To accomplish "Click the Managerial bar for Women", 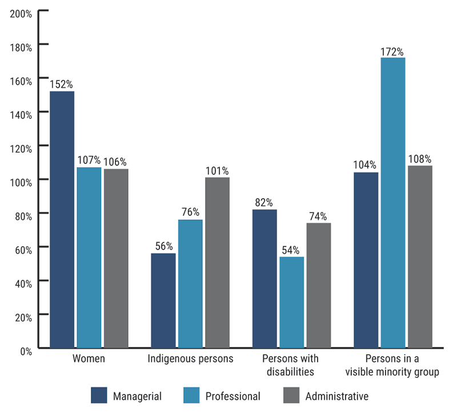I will pos(62,220).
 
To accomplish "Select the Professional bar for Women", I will pos(89,258).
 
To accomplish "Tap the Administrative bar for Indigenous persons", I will pos(217,263).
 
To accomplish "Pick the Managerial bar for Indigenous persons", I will pos(163,300).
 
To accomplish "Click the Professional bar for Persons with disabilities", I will pos(292,302).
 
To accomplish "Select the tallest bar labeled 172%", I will pos(393,203).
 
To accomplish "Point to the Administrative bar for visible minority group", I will pos(420,257).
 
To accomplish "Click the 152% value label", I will pos(61,84).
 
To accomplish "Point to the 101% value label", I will pos(217,170).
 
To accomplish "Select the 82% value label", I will pos(264,202).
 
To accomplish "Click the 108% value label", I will pos(420,158).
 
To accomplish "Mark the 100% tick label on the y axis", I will pos(21,180).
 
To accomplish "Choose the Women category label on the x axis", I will pos(88,359).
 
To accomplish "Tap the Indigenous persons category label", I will pos(190,359).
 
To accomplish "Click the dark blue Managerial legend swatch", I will pos(99,395).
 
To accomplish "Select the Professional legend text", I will pos(232,396).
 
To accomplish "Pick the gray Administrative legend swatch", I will pos(292,395).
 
